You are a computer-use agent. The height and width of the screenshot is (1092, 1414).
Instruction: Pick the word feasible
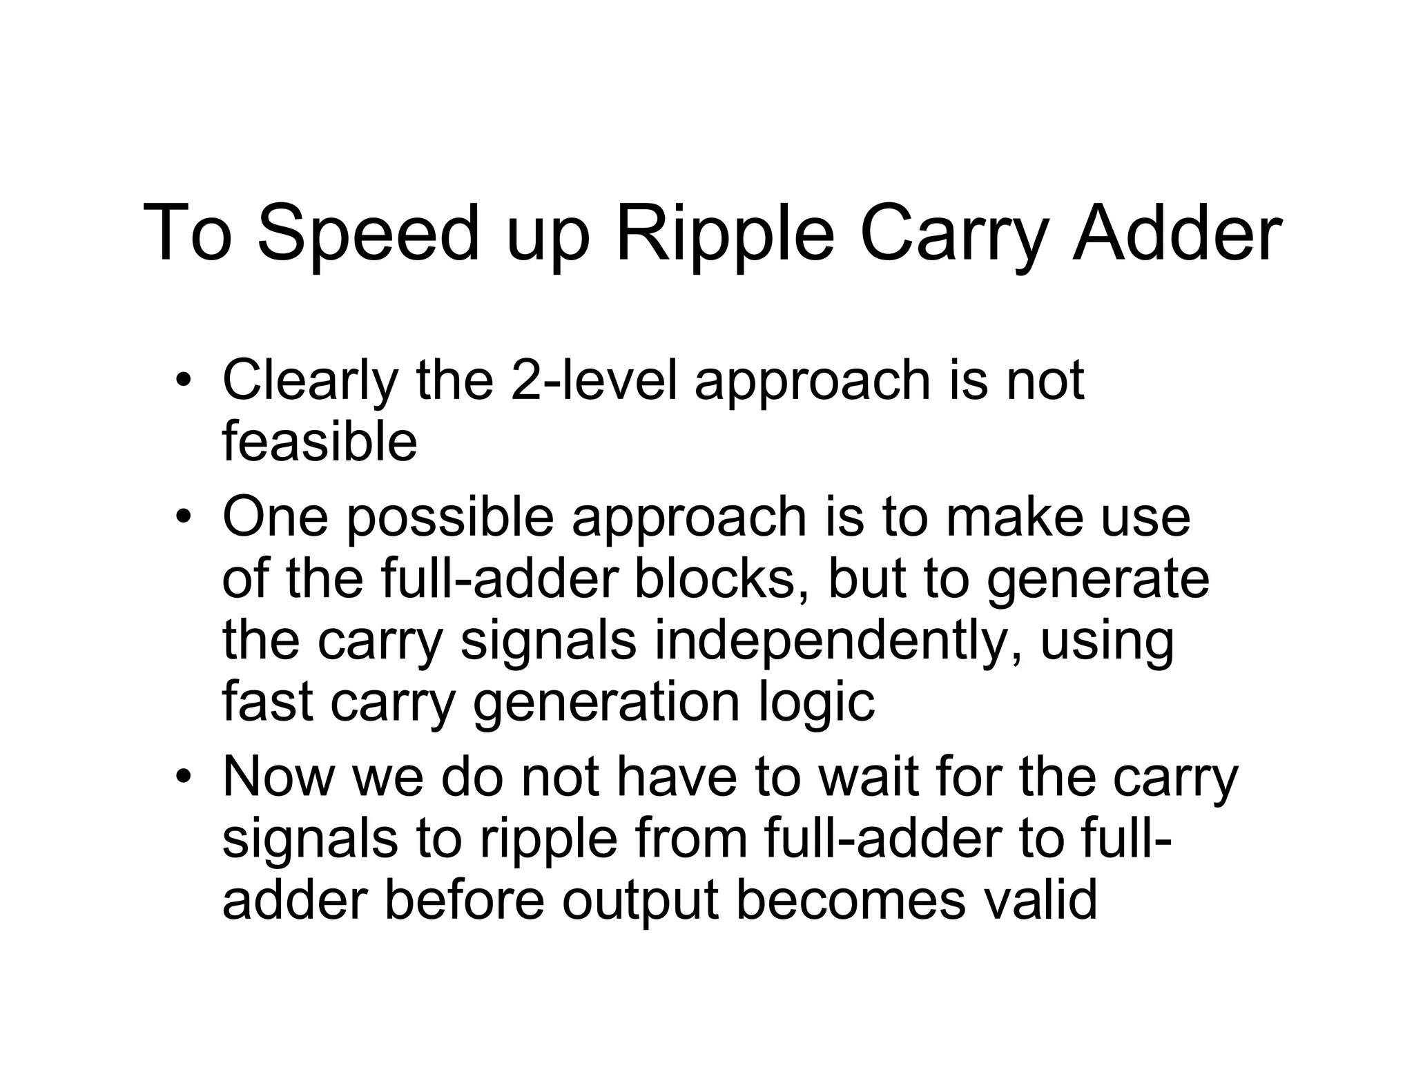pos(320,441)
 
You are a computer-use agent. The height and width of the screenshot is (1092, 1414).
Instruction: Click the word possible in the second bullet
pos(449,518)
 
